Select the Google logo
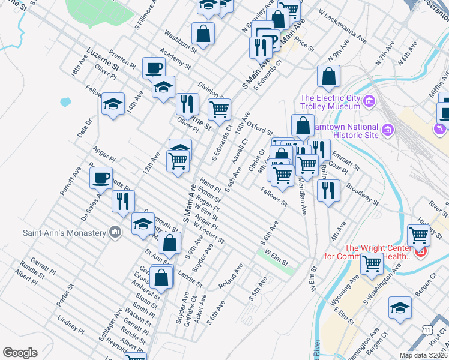tap(20, 353)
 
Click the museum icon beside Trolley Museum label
tap(369, 102)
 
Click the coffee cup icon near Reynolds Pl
tap(101, 177)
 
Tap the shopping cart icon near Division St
tap(219, 109)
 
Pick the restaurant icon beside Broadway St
tap(327, 190)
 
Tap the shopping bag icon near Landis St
tap(161, 277)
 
